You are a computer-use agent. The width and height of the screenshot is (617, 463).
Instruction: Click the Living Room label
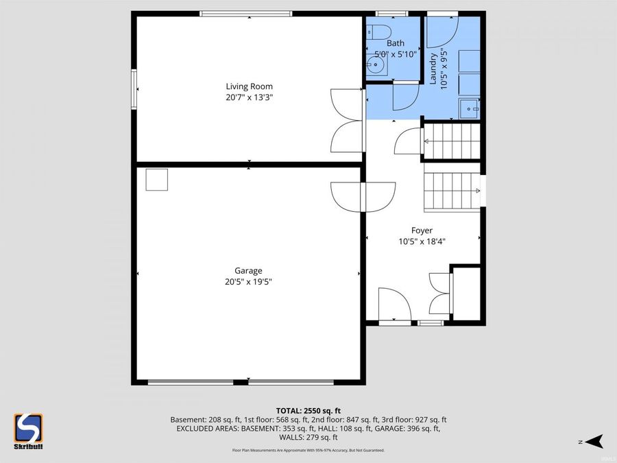click(x=249, y=86)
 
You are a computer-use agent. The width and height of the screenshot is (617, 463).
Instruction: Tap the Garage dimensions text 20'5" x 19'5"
click(x=248, y=281)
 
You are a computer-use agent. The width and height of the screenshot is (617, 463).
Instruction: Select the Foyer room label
click(x=422, y=230)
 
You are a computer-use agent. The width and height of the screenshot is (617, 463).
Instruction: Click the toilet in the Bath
click(x=378, y=32)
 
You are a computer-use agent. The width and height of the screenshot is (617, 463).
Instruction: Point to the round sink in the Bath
click(x=375, y=67)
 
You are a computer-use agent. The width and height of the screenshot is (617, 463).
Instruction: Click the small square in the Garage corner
click(x=156, y=180)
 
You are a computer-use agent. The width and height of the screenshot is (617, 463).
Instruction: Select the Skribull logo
click(x=29, y=431)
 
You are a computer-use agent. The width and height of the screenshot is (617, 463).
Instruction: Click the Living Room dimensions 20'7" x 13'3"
click(x=249, y=97)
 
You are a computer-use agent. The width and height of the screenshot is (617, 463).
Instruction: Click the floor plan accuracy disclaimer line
click(x=308, y=450)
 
